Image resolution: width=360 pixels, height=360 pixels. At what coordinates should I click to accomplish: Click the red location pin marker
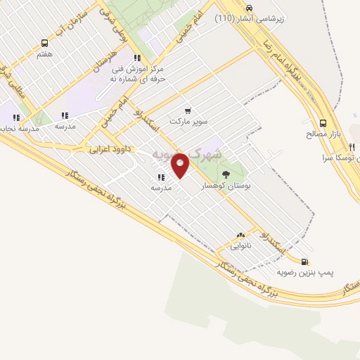[180, 165]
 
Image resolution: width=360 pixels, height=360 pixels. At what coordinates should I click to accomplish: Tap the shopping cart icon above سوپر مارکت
[187, 110]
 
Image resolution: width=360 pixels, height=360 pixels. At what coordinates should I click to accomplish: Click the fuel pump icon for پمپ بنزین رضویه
[304, 262]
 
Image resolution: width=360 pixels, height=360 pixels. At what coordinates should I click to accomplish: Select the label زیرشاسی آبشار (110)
[250, 19]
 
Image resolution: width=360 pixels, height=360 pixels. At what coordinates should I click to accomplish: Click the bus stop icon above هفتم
[45, 44]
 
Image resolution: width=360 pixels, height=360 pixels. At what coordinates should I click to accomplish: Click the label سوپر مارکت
[188, 121]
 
